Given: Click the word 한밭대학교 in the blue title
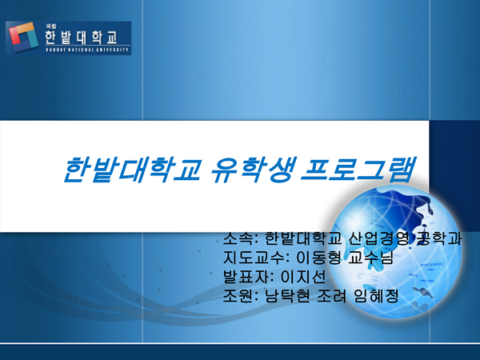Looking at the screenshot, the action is tap(132, 170).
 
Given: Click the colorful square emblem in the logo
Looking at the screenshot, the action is tap(23, 37).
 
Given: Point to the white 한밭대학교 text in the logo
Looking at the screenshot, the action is tap(81, 37).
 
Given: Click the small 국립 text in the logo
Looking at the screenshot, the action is tap(49, 26).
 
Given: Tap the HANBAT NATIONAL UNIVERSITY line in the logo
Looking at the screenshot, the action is tap(87, 50).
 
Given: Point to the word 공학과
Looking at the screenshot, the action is tap(438, 238).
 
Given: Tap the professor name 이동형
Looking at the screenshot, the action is tap(318, 258).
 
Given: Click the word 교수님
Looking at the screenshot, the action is tap(370, 258).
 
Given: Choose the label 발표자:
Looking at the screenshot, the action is tap(248, 277).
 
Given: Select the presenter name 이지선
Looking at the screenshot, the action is tap(303, 277).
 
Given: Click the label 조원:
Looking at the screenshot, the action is tap(239, 296).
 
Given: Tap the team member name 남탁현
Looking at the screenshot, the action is tap(287, 296).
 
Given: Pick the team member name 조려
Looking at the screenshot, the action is tap(331, 296).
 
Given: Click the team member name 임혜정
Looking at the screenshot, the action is tap(376, 296).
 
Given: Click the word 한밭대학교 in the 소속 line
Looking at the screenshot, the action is tap(302, 238).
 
